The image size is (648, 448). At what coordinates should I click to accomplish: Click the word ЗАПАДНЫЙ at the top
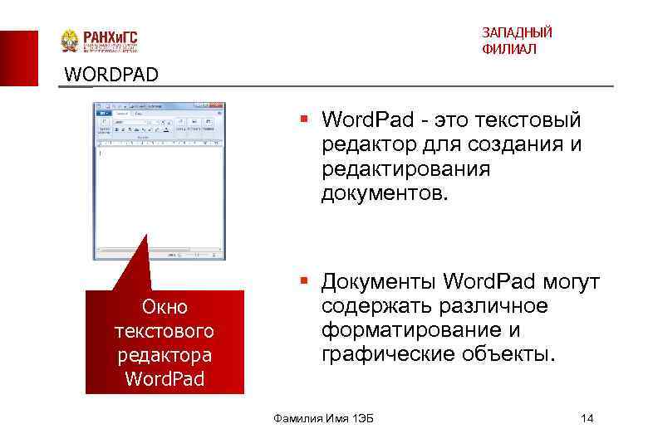pos(517,32)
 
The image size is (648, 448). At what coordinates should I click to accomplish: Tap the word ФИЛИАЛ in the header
pos(508,50)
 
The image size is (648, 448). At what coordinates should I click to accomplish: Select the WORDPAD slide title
pos(110,75)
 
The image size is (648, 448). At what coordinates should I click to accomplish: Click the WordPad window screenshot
pos(159,180)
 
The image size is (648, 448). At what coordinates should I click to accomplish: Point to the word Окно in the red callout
pos(164,308)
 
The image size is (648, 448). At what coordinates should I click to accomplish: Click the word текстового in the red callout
pos(164,331)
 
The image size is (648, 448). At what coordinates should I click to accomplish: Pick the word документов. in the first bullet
pos(385,192)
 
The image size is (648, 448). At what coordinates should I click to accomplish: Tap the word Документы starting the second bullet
pos(379,283)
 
